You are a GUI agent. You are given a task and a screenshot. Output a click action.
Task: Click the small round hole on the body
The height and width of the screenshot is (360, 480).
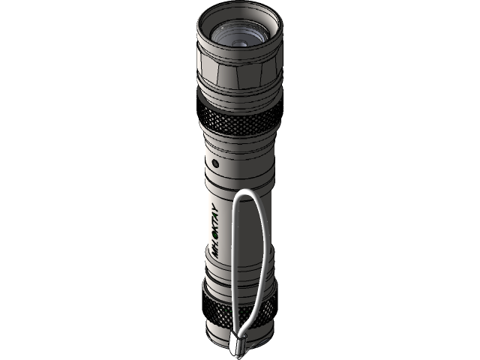214,162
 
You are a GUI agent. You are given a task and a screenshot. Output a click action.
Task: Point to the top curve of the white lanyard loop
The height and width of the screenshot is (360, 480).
248,193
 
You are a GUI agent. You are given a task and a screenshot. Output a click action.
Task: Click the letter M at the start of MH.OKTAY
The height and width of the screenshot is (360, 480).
216,252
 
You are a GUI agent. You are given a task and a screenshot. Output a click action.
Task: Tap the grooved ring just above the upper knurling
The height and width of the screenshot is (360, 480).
240,100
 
